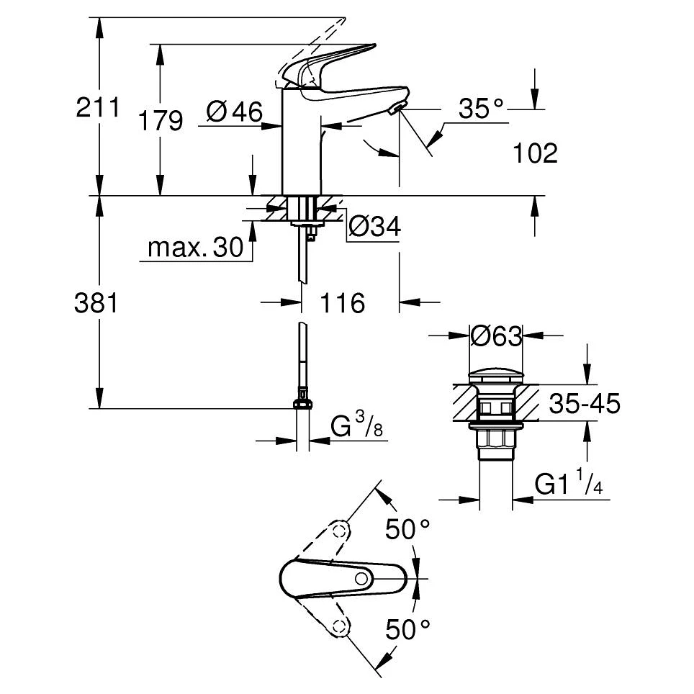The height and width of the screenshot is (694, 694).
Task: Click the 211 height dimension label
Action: pyautogui.click(x=98, y=109)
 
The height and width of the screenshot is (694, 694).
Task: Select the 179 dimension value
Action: pyautogui.click(x=160, y=121)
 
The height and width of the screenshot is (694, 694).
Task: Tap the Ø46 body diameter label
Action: pyautogui.click(x=233, y=112)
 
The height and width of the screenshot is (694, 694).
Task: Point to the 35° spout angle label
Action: pyautogui.click(x=482, y=109)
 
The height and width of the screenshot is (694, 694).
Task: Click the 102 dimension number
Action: pyautogui.click(x=536, y=153)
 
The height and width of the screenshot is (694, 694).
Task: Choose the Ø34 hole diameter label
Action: pyautogui.click(x=374, y=227)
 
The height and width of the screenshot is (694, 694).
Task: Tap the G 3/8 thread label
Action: pyautogui.click(x=357, y=428)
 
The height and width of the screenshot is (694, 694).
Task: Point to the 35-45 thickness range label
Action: pyautogui.click(x=584, y=405)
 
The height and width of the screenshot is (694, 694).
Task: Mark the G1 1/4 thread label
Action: pyautogui.click(x=568, y=484)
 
